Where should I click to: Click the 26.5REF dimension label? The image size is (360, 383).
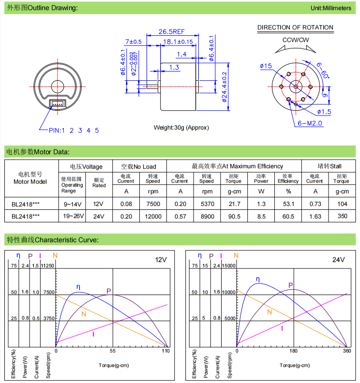(x=171, y=31)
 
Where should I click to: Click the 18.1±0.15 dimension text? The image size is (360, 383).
(x=178, y=42)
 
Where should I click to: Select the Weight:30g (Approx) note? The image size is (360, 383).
(x=181, y=128)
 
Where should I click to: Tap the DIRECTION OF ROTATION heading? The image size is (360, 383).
(x=295, y=28)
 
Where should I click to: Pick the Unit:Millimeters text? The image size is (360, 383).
(x=331, y=8)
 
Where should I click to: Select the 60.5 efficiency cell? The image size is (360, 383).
(x=288, y=216)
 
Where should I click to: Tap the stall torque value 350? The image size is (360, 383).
(x=342, y=216)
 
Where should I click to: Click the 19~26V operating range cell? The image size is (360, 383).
(x=72, y=216)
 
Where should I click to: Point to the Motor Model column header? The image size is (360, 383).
(x=30, y=178)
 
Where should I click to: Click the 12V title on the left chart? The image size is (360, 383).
(x=161, y=260)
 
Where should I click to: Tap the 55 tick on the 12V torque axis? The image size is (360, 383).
(x=113, y=351)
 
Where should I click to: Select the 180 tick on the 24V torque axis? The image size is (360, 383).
(x=293, y=351)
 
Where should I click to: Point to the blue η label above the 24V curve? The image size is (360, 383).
(x=257, y=279)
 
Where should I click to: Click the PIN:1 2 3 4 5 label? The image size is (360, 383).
(x=74, y=131)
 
